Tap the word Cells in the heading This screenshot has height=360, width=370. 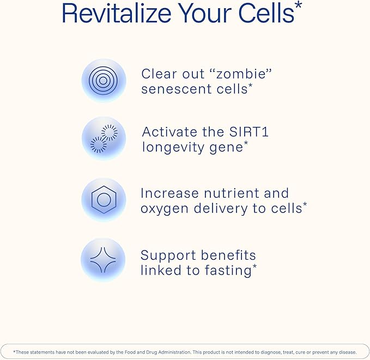pos(266,13)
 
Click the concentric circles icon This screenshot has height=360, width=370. pos(103,81)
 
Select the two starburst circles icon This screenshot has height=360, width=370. pos(104,138)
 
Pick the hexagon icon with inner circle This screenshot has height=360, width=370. pos(104,199)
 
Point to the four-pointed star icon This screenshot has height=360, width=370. pos(103,260)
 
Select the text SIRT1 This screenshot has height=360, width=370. pos(249,132)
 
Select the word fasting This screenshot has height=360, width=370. pos(228,270)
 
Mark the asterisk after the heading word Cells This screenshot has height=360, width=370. pos(298,5)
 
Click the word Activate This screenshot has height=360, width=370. pos(169,132)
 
